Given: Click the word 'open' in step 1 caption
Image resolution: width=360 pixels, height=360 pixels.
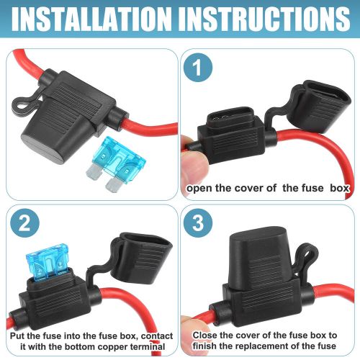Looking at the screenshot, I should pos(201,189).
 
